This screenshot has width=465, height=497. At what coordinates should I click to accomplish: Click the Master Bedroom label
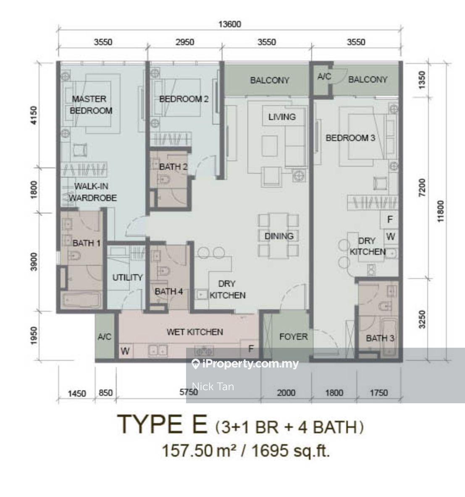(x=91, y=105)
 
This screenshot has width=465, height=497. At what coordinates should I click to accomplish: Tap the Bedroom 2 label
(x=184, y=99)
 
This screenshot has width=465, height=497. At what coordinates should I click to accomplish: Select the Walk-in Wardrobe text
(x=93, y=192)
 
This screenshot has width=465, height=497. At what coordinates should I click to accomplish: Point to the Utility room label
(x=128, y=278)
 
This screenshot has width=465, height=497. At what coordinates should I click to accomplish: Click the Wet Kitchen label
(x=194, y=332)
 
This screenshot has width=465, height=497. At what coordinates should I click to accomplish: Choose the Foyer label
(x=294, y=337)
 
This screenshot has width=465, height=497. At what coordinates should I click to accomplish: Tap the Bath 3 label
(x=380, y=338)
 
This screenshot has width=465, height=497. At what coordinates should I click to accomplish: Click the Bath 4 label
(x=169, y=291)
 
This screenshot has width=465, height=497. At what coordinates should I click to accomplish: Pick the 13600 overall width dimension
(x=229, y=24)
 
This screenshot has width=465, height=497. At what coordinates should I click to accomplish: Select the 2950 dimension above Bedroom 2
(x=185, y=42)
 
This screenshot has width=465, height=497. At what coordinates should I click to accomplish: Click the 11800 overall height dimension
(x=441, y=211)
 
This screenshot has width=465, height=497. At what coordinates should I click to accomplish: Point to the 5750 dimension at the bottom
(x=189, y=392)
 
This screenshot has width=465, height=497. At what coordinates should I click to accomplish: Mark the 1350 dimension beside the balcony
(x=422, y=80)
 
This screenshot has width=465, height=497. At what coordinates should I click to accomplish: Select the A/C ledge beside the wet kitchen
(x=105, y=337)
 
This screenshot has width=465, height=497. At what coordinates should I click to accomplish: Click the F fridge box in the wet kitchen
(x=250, y=349)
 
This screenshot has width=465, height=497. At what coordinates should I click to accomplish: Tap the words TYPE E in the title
(x=163, y=424)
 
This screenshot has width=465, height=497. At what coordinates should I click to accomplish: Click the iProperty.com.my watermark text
(x=245, y=364)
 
